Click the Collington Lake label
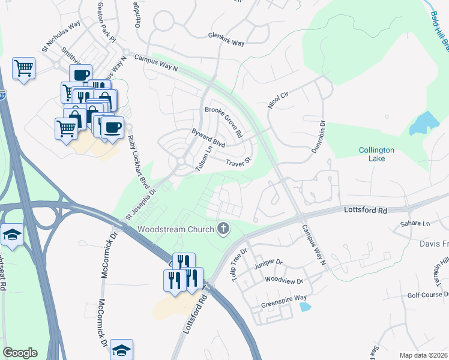(x=376, y=154)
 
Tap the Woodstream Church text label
(x=175, y=229)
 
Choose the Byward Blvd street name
(x=208, y=138)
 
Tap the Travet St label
(x=238, y=163)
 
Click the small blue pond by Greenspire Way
(x=305, y=307)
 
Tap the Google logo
(x=20, y=353)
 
